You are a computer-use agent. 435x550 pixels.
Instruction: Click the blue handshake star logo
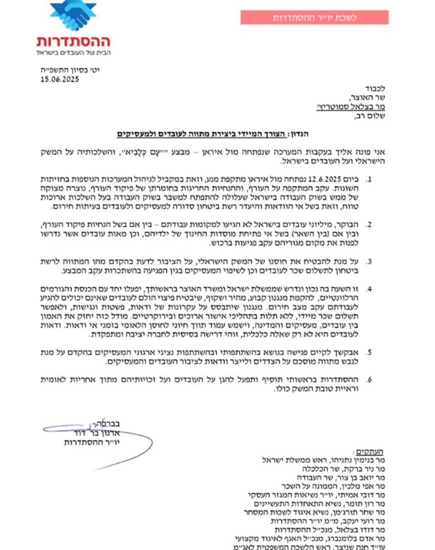coord(73,16)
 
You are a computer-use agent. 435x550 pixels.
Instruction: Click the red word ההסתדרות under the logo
coord(73,42)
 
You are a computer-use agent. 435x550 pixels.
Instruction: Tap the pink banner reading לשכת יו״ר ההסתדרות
coord(314,18)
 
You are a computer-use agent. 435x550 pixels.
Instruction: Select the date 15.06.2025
coord(60,79)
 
